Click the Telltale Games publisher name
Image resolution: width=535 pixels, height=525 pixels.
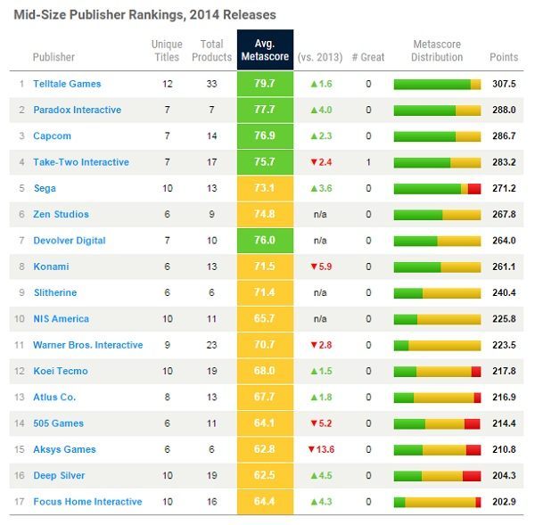point(67,84)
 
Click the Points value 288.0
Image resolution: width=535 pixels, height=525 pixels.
point(503,110)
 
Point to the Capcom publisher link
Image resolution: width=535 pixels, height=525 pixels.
point(52,136)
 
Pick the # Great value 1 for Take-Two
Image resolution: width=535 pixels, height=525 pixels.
point(368,162)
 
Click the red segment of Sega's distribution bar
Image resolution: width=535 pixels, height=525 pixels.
point(474,188)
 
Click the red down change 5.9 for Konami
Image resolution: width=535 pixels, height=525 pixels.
point(322,267)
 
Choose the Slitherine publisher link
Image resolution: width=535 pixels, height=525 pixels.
point(55,292)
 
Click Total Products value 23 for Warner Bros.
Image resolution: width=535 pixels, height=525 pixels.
point(212,345)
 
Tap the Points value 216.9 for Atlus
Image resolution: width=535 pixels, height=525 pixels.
point(503,397)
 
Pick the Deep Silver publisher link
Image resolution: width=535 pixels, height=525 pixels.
point(60,475)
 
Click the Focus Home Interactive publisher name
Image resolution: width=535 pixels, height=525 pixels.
point(87,502)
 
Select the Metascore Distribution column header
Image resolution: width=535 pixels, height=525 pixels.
point(437,50)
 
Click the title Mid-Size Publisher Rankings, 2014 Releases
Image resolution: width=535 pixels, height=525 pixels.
point(144,14)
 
